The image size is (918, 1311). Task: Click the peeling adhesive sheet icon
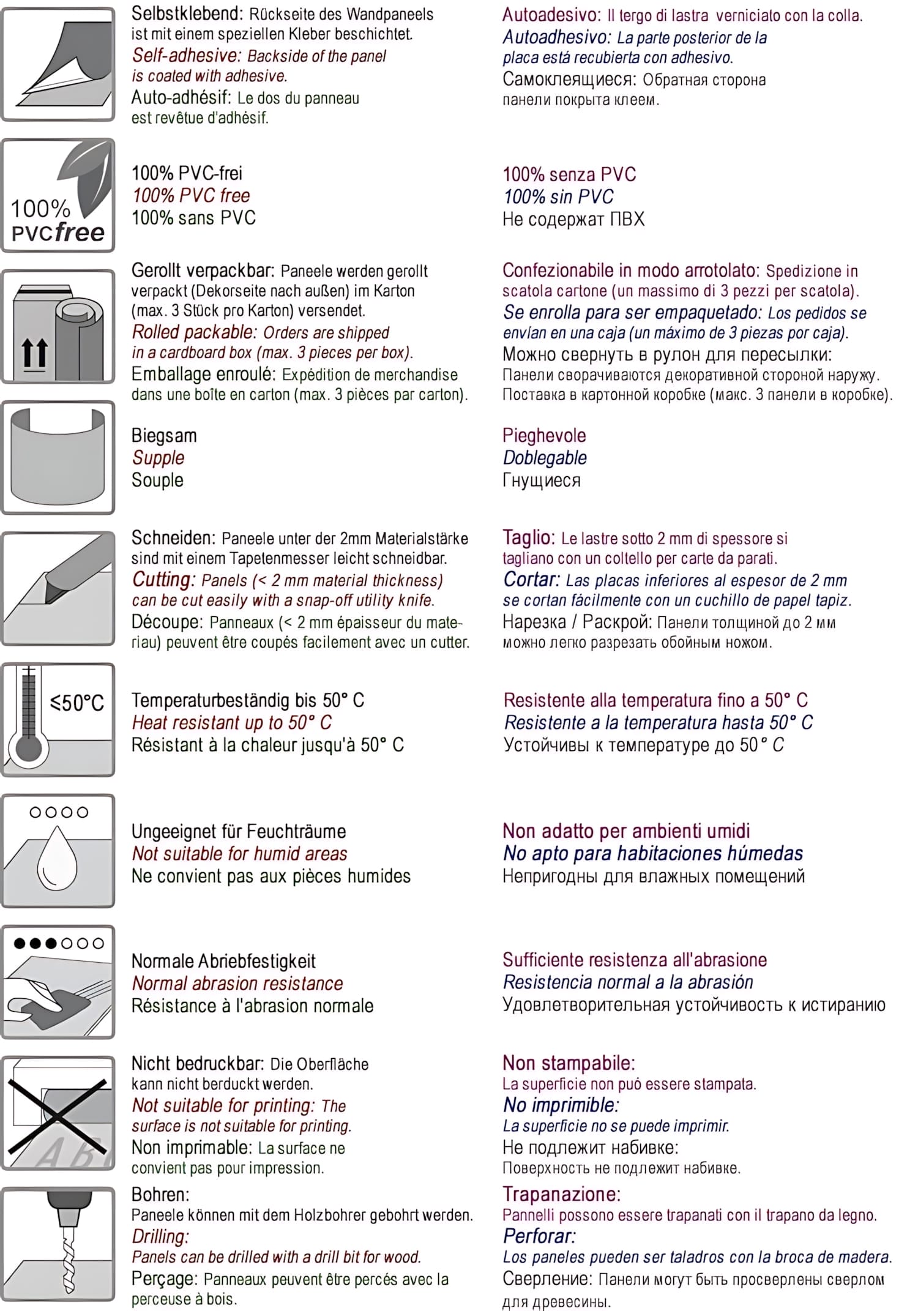click(x=58, y=64)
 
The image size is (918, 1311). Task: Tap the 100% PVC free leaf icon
click(x=58, y=195)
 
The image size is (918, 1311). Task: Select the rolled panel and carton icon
click(x=58, y=327)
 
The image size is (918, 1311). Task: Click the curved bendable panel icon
click(x=58, y=457)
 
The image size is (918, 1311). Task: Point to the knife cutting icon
click(x=58, y=588)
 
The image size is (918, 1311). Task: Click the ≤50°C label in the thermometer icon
click(x=77, y=703)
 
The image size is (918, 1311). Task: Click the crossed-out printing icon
click(x=58, y=1113)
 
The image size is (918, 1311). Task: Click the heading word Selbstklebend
click(x=186, y=13)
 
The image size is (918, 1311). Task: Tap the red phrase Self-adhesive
click(x=186, y=56)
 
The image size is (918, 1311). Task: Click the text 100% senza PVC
click(x=569, y=174)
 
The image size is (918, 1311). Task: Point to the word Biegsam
click(x=164, y=436)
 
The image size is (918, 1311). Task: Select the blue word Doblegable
click(x=545, y=458)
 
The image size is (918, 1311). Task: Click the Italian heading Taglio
click(x=528, y=537)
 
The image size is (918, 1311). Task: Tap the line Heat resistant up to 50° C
click(x=232, y=722)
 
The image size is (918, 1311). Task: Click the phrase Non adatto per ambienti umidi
click(x=626, y=831)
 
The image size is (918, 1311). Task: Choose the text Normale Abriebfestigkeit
click(x=223, y=961)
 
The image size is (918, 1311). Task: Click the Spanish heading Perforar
click(x=539, y=1236)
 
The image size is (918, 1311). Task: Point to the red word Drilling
click(x=160, y=1236)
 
